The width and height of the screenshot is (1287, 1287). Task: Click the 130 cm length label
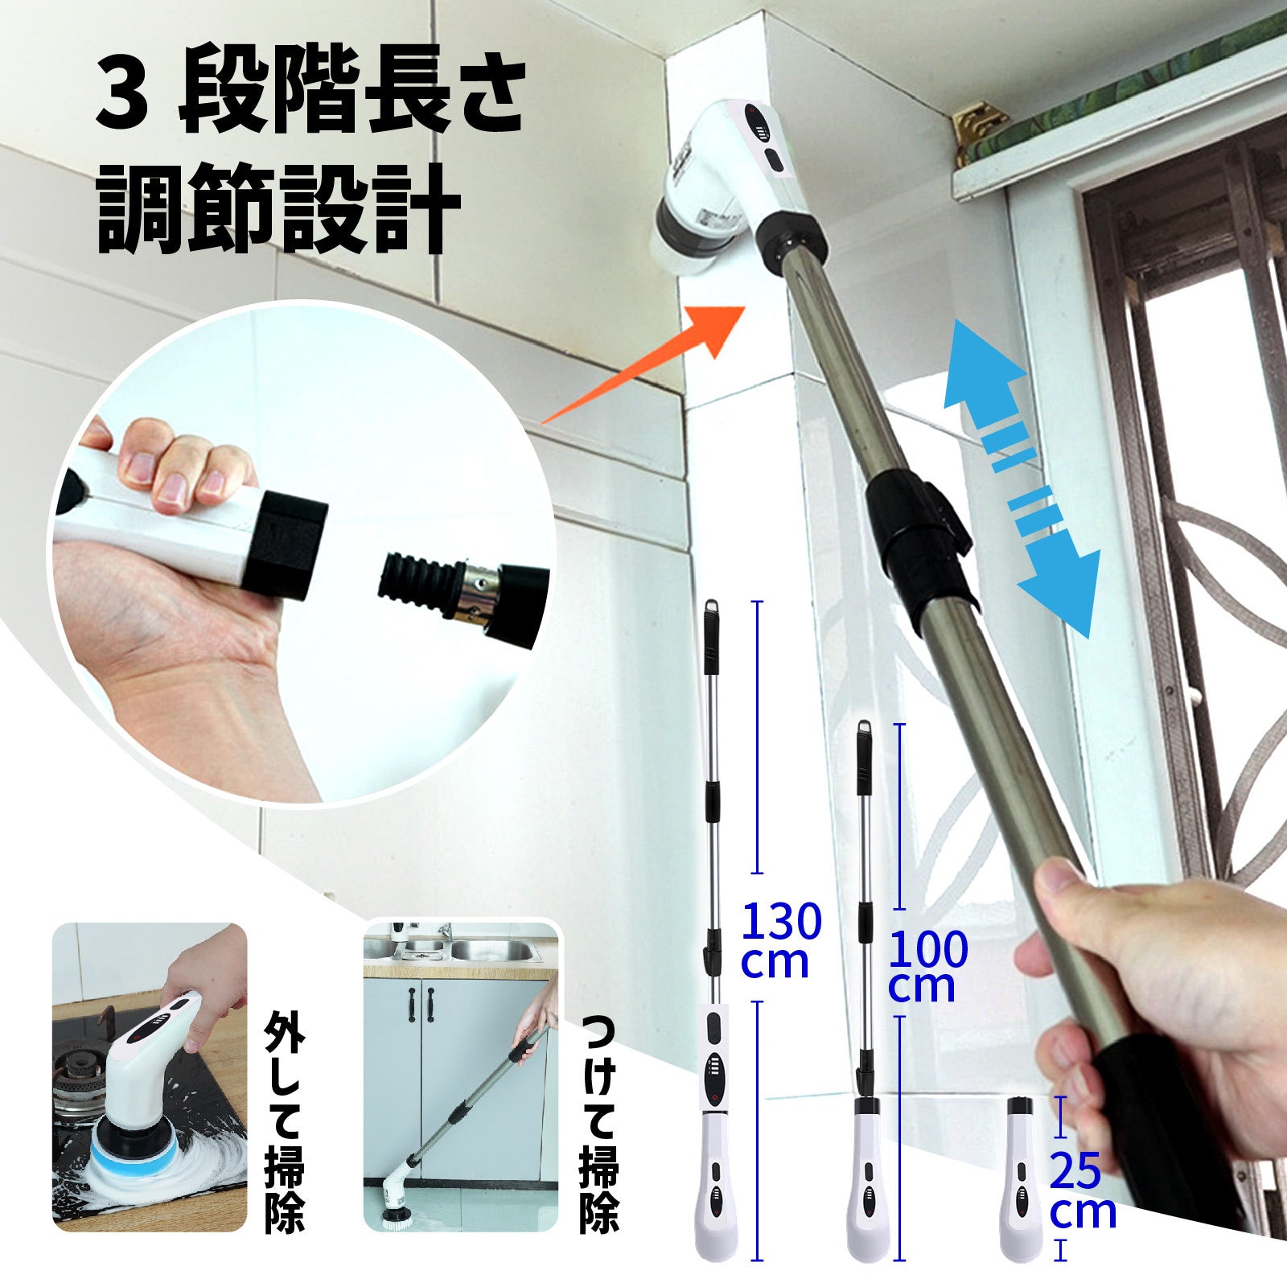(x=780, y=940)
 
